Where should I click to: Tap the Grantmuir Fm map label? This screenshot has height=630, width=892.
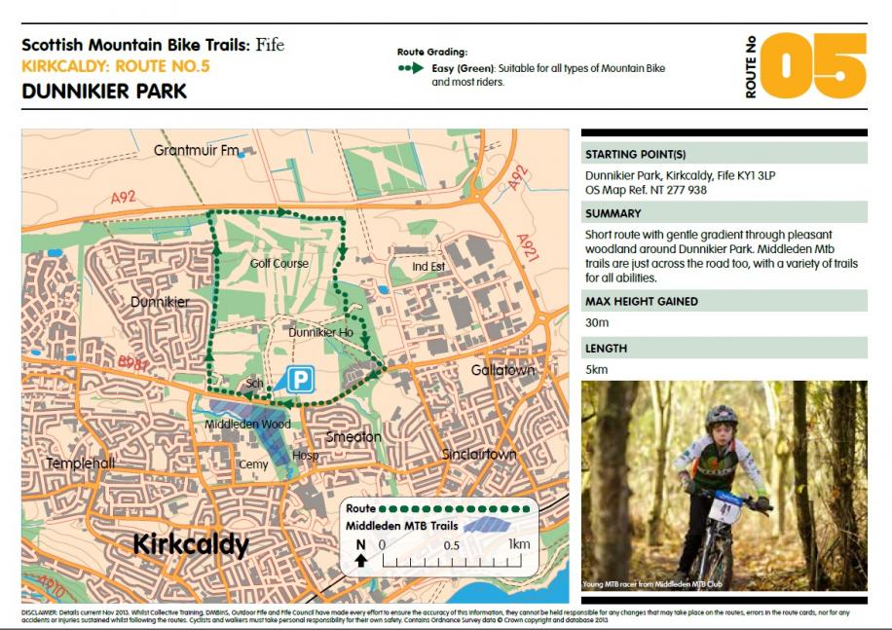197,151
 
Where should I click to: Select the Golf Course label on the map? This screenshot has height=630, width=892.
279,263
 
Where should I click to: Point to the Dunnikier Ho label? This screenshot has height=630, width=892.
320,333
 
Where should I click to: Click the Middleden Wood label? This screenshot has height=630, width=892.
247,425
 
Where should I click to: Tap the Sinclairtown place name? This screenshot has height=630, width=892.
478,454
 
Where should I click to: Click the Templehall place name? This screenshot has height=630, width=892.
81,463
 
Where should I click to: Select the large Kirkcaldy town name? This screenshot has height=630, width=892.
191,543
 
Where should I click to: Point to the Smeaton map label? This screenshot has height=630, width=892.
353,436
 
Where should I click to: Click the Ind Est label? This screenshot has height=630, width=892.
427,266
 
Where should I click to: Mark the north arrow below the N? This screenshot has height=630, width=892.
361,560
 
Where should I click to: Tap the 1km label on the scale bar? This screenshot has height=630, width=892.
518,544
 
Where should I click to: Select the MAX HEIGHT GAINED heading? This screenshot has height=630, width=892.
641,302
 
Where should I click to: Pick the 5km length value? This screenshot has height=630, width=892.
596,369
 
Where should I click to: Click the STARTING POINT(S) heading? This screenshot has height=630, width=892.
635,154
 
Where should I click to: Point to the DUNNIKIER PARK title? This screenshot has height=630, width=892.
103,92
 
